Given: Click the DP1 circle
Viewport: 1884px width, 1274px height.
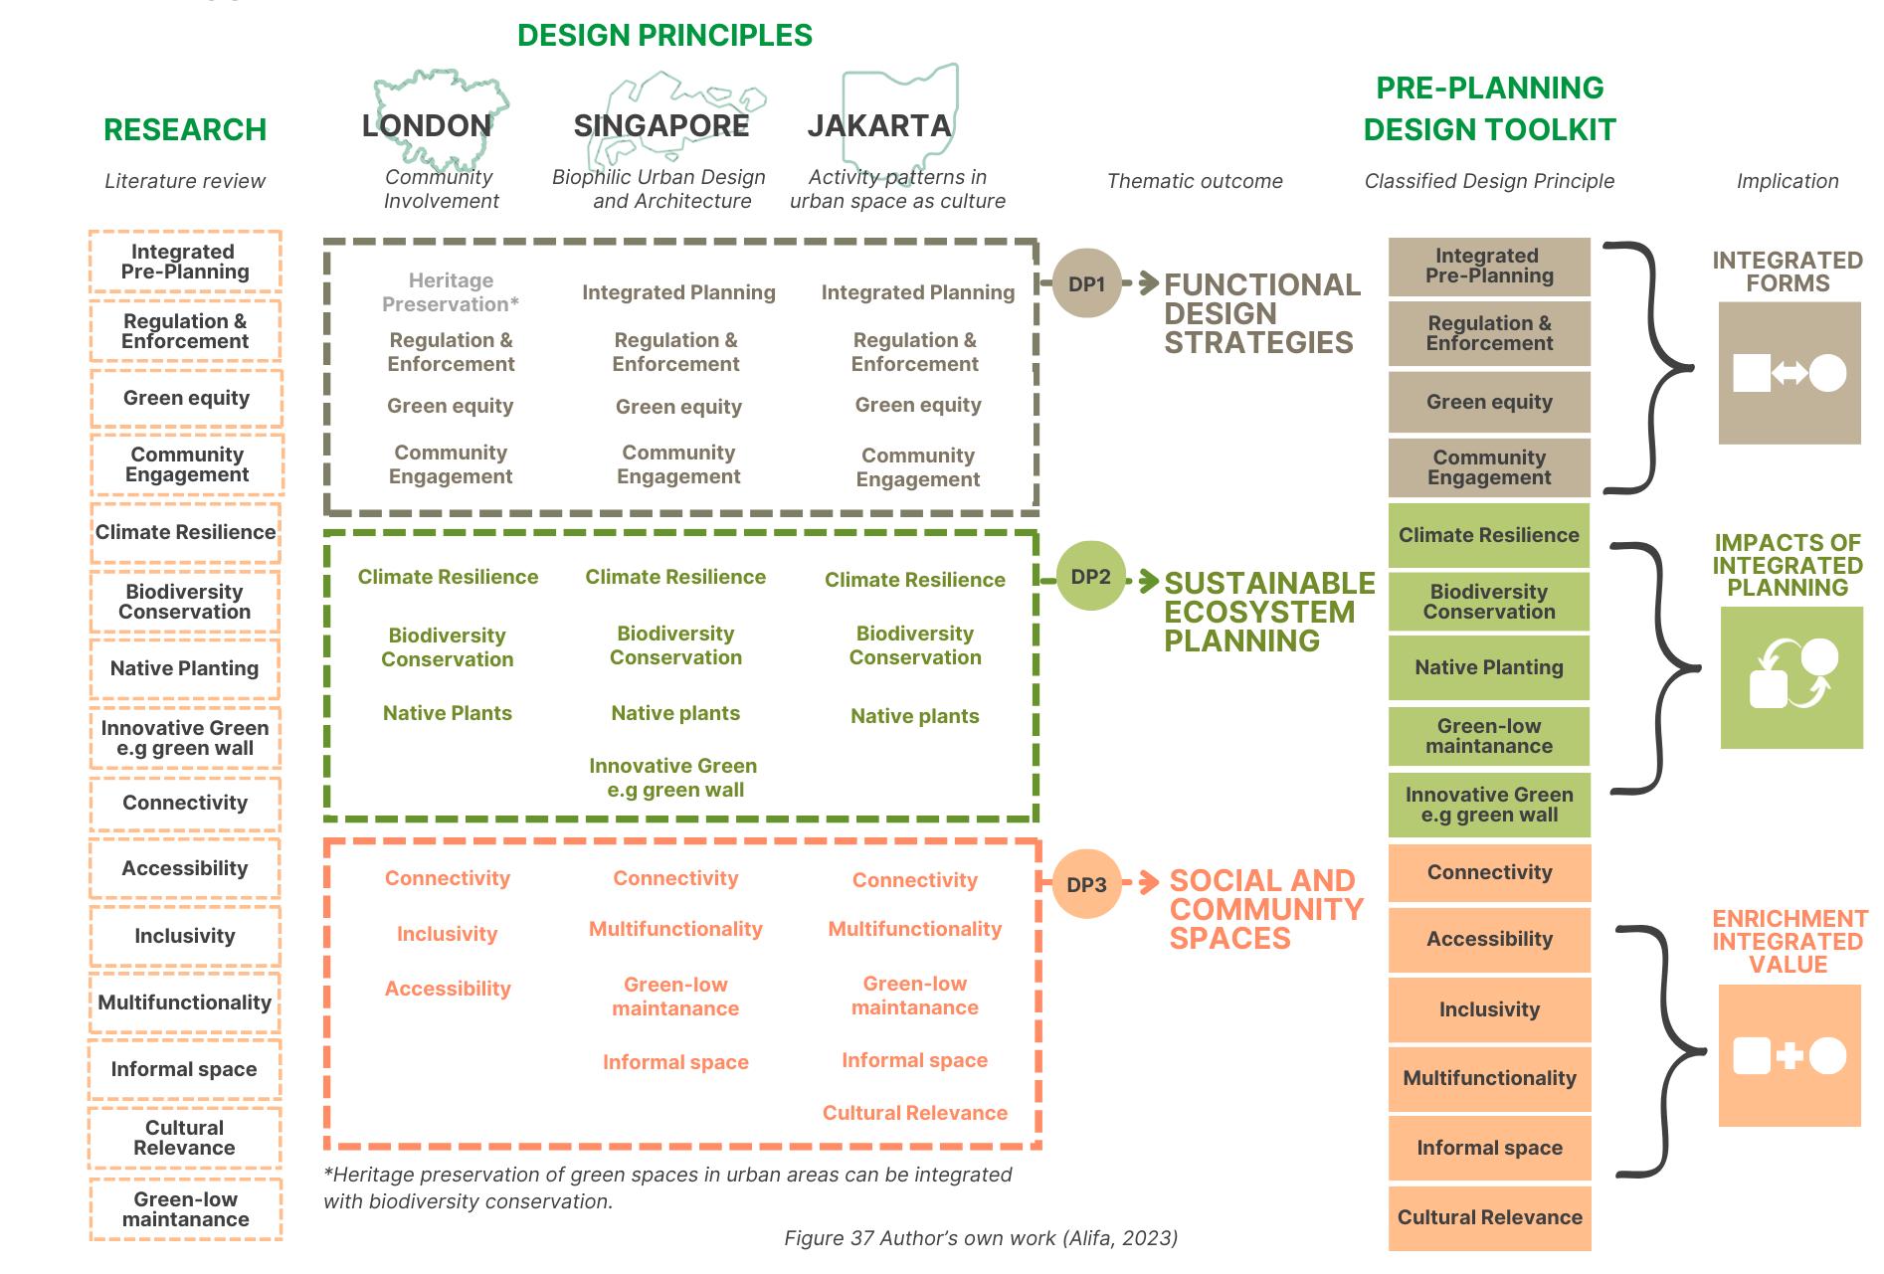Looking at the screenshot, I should point(1086,283).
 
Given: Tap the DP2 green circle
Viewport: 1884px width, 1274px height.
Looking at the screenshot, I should point(1090,577).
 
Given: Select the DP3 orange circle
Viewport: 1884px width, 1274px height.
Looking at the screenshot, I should point(1086,884).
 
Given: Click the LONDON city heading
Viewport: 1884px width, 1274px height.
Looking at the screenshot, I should point(427,125).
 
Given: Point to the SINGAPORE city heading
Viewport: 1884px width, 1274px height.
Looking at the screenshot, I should point(661,125).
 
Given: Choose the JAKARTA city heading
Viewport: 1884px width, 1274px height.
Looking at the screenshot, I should point(879,125).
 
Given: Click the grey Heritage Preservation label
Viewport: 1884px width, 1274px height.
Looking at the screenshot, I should point(451,292).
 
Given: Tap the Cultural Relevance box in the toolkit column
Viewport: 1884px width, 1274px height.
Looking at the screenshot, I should point(1489,1217).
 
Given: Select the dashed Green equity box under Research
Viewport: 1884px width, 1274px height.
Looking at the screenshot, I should point(186,398).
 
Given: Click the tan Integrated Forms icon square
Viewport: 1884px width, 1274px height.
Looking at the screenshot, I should point(1790,373).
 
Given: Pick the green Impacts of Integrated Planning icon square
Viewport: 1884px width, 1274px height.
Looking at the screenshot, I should point(1791,677).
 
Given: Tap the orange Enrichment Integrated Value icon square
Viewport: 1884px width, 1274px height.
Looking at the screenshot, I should point(1790,1055).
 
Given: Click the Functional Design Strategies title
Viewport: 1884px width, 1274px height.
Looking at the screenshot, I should point(1261,313).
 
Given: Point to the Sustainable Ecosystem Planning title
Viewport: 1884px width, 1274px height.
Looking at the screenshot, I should point(1268,612).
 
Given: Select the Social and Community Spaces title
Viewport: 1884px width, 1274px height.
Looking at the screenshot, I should point(1265,909).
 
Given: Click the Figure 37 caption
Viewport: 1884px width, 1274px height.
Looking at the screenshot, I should point(981,1238).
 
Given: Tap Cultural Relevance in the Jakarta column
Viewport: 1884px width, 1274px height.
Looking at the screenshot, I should point(914,1113).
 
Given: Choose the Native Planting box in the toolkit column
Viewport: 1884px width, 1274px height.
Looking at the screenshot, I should point(1489,667).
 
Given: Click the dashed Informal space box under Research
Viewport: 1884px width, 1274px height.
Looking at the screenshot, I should point(184,1069).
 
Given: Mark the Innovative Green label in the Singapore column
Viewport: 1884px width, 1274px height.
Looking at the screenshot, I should point(673,778).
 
